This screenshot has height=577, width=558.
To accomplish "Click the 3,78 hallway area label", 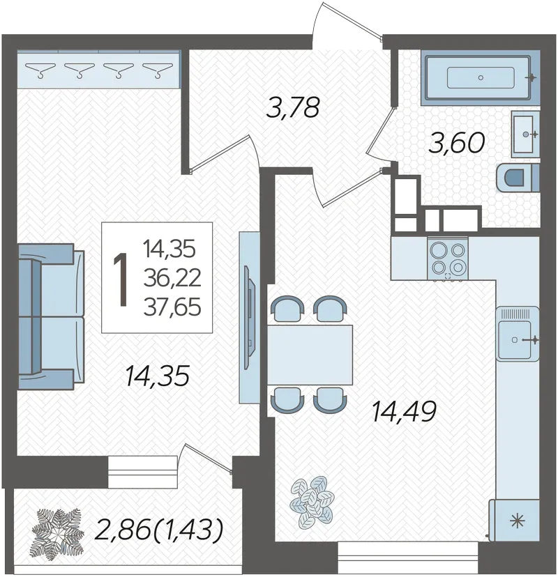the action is pyautogui.click(x=292, y=107).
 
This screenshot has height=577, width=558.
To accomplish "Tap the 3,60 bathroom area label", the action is pyautogui.click(x=457, y=143).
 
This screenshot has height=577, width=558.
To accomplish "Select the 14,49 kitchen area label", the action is pyautogui.click(x=405, y=411).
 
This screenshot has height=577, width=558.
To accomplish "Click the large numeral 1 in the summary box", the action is pyautogui.click(x=121, y=279).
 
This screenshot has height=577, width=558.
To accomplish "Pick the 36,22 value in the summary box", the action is pyautogui.click(x=172, y=277).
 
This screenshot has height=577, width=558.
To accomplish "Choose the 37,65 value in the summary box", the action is pyautogui.click(x=172, y=307).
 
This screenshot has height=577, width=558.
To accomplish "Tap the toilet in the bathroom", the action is pyautogui.click(x=518, y=178).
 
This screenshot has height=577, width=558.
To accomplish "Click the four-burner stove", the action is pyautogui.click(x=448, y=259).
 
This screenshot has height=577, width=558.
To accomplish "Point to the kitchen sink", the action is pyautogui.click(x=518, y=334).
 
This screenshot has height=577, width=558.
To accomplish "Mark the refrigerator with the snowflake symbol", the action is pyautogui.click(x=515, y=521).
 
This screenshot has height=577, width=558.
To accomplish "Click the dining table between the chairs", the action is pyautogui.click(x=310, y=355).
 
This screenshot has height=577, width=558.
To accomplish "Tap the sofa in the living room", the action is pyautogui.click(x=51, y=316).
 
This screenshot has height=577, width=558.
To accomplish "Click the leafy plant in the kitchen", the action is pyautogui.click(x=312, y=500).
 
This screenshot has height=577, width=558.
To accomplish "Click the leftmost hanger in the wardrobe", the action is pyautogui.click(x=40, y=70).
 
